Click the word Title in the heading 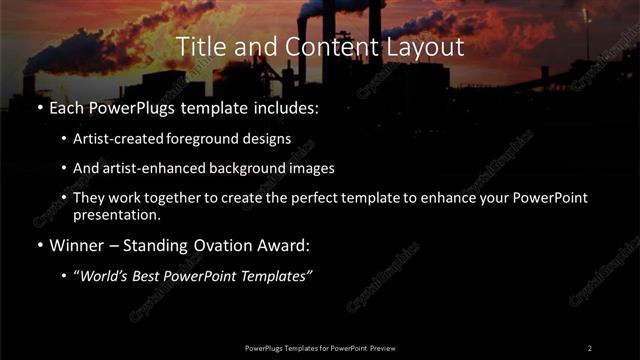coord(196,47)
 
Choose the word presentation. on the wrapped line coord(115,214)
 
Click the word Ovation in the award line coord(201,244)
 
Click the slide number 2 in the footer coord(589,347)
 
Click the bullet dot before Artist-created coord(64,139)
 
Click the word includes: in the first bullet coord(284,108)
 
